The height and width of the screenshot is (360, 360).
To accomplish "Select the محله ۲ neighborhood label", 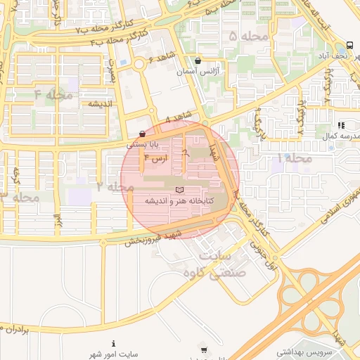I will click(x=115, y=187).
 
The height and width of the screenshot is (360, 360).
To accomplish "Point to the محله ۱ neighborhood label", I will click(x=294, y=159).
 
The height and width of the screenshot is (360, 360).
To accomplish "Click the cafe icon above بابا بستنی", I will click(x=143, y=134).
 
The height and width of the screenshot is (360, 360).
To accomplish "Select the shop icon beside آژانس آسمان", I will click(x=198, y=60).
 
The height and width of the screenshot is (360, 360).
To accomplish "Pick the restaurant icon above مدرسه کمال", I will click(x=341, y=125).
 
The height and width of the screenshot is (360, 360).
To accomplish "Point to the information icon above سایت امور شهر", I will click(x=114, y=343).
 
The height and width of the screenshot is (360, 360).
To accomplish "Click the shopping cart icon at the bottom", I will click(x=204, y=350).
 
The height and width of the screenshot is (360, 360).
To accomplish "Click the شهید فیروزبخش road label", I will click(x=155, y=238).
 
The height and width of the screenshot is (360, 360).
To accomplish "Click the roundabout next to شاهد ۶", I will click(x=139, y=65).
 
